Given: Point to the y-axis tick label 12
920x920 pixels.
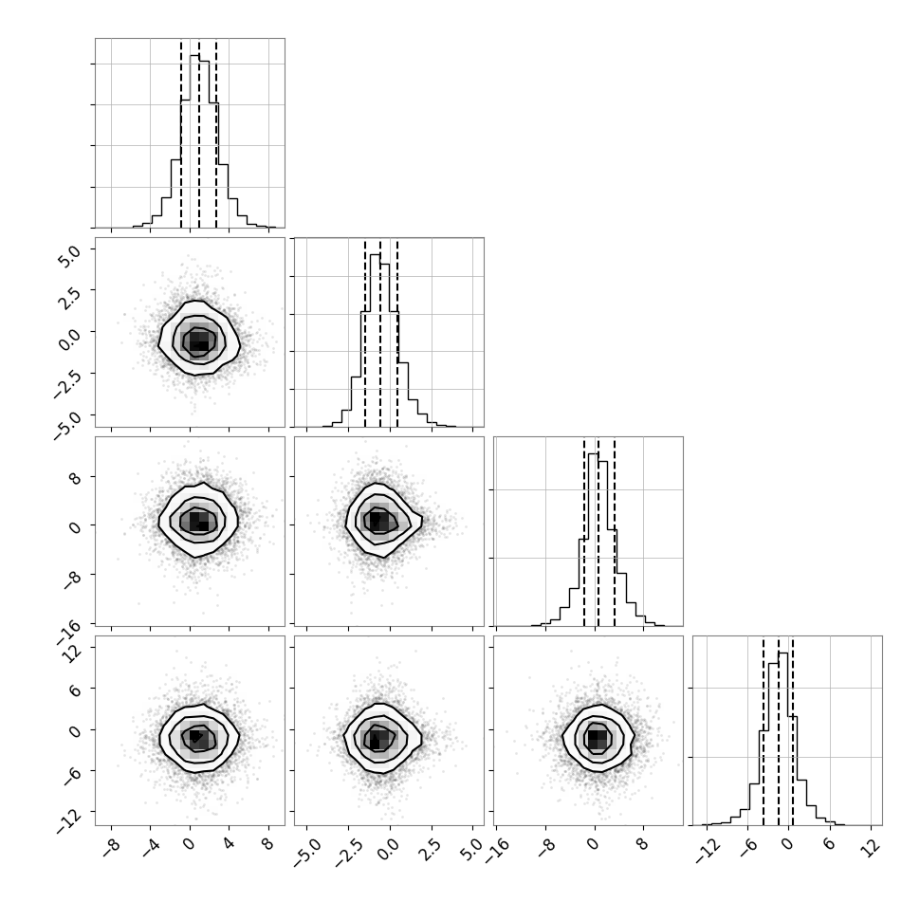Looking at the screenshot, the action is [x=70, y=652].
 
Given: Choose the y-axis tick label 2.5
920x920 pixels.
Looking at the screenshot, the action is [x=68, y=297].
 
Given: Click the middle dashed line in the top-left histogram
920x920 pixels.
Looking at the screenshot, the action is [x=199, y=133].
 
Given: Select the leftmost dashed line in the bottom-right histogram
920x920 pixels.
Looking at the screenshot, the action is [x=764, y=730].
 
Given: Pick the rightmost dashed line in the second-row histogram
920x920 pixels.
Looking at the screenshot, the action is [x=397, y=333].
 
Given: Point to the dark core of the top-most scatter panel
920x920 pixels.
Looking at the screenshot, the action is [x=199, y=340].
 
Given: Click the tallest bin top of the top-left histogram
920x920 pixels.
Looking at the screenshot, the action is [x=194, y=55].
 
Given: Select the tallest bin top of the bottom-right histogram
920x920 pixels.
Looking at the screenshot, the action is [x=782, y=653].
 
